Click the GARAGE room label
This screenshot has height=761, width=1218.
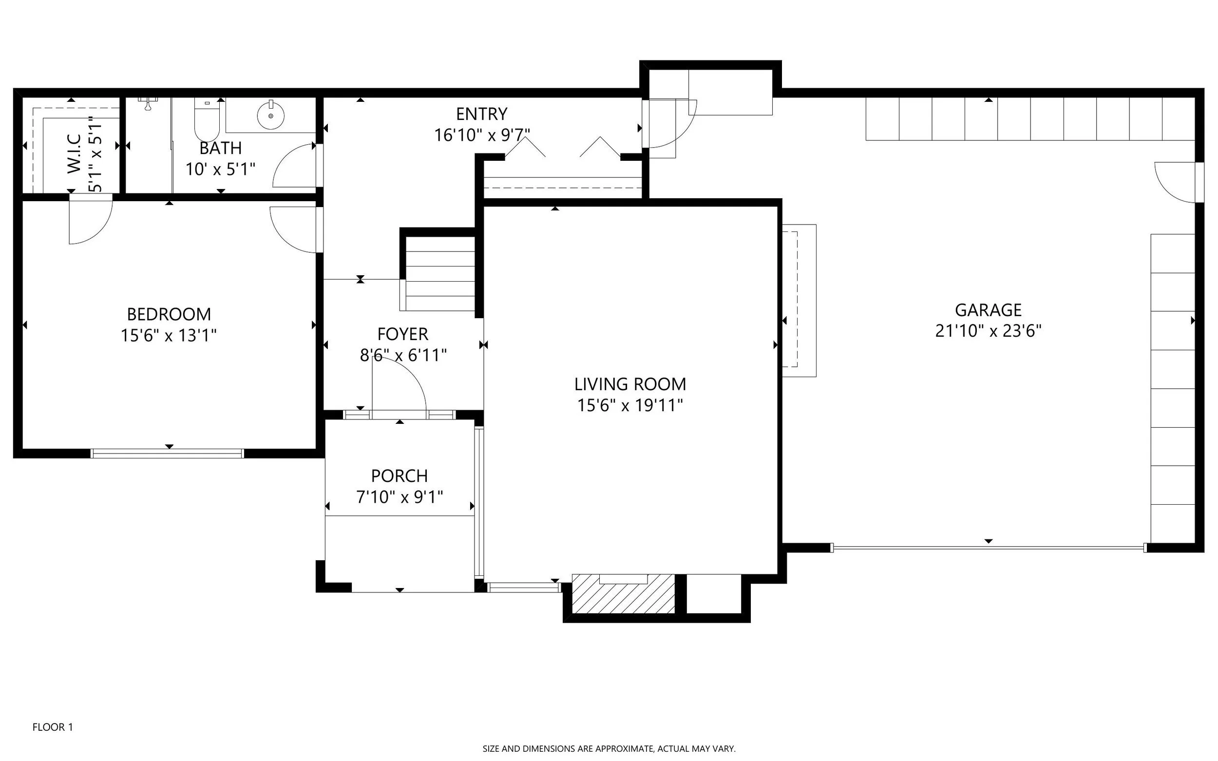988,309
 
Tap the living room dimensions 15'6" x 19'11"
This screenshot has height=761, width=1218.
629,405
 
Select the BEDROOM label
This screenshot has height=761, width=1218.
169,314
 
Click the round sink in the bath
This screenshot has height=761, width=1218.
271,116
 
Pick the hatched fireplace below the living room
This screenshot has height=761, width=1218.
623,593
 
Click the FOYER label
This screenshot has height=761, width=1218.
402,334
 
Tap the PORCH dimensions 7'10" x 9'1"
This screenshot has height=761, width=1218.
400,497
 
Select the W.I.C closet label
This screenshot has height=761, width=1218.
74,153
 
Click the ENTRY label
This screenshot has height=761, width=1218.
482,114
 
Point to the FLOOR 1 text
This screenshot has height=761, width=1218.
53,727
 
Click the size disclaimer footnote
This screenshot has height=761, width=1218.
609,749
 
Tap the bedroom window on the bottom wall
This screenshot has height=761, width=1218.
167,454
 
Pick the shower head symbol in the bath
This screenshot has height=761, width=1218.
148,103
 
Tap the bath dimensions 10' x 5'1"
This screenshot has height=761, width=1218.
220,169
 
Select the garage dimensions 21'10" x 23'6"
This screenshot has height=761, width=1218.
988,331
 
